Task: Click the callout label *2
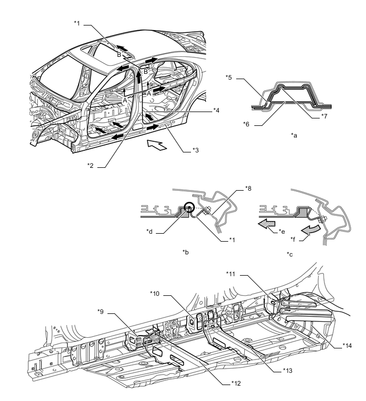90,166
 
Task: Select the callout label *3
195,150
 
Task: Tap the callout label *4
217,110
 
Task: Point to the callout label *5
229,77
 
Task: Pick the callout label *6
246,124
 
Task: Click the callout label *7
325,116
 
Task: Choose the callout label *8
248,189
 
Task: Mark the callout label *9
101,311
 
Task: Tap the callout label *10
155,294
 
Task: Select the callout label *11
230,274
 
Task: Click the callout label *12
236,383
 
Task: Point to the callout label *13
288,370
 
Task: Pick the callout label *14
347,346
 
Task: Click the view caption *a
294,135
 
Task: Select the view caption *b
186,252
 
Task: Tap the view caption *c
290,254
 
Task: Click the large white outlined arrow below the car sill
156,144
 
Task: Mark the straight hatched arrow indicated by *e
267,223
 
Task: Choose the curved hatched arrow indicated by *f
311,229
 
